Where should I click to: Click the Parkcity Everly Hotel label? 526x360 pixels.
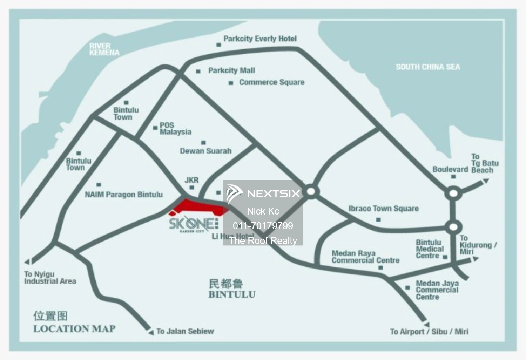pyautogui.click(x=260, y=39)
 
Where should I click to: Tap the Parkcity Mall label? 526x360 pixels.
pyautogui.click(x=231, y=70)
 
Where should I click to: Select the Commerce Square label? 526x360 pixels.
pyautogui.click(x=271, y=82)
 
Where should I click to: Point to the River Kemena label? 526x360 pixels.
pyautogui.click(x=104, y=49)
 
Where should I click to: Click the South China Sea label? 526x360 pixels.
pyautogui.click(x=428, y=67)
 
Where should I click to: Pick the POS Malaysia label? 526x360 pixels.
pyautogui.click(x=175, y=129)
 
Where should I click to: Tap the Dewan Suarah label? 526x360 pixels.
pyautogui.click(x=205, y=151)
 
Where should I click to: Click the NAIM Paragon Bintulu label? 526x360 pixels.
pyautogui.click(x=124, y=195)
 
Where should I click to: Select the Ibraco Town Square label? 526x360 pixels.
pyautogui.click(x=383, y=209)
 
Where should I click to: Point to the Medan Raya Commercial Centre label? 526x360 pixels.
pyautogui.click(x=365, y=257)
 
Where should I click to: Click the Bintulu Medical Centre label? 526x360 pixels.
pyautogui.click(x=430, y=249)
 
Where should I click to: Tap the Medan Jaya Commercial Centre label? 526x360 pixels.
pyautogui.click(x=437, y=290)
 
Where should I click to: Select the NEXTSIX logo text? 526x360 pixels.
pyautogui.click(x=274, y=193)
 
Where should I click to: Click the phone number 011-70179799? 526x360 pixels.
pyautogui.click(x=263, y=226)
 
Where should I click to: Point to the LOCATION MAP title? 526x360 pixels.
pyautogui.click(x=74, y=329)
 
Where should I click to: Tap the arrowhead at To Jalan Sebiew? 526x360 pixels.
pyautogui.click(x=151, y=332)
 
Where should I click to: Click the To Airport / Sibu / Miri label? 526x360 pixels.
pyautogui.click(x=429, y=332)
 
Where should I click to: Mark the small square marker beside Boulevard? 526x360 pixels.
pyautogui.click(x=453, y=177)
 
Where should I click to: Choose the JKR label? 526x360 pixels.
pyautogui.click(x=191, y=180)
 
